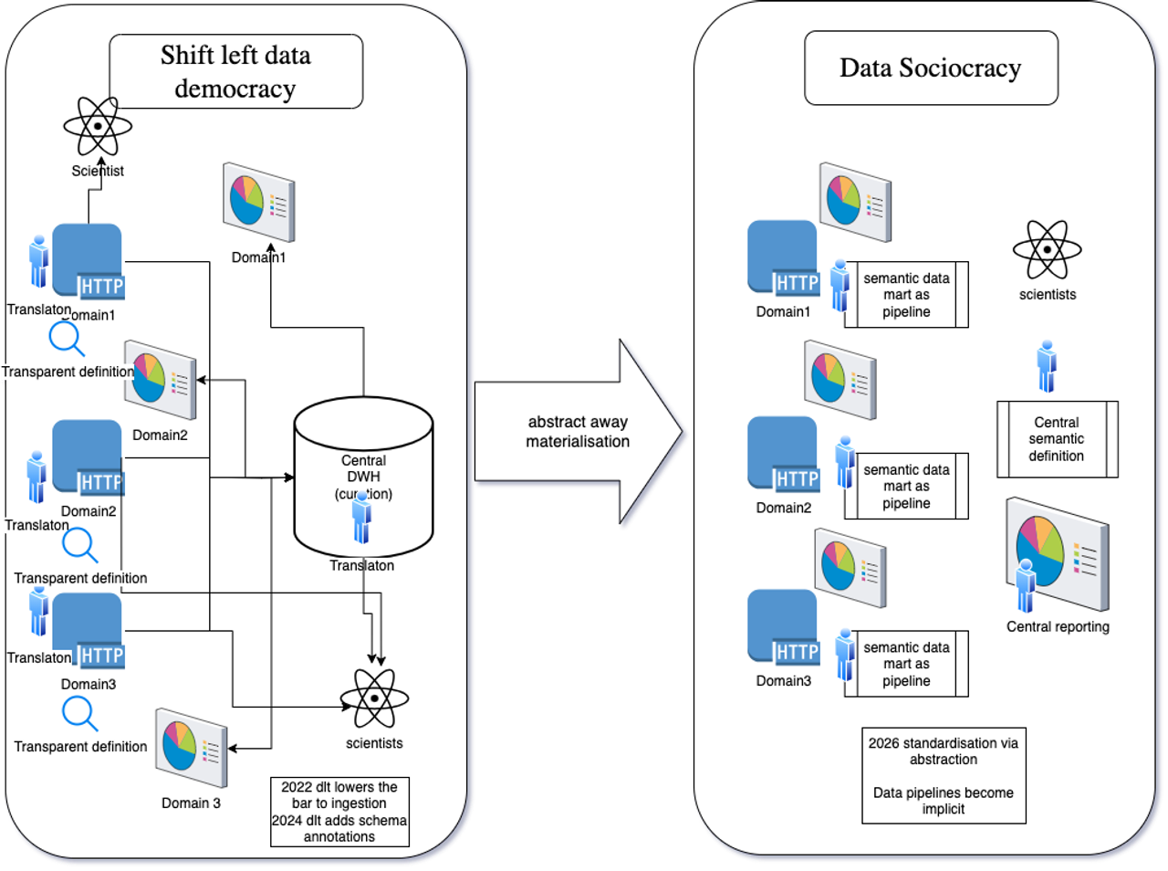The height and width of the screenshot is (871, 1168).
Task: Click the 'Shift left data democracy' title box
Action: pos(235,71)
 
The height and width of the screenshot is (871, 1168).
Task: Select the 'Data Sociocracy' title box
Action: pos(931,68)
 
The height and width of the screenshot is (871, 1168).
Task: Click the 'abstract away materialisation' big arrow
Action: pos(579,433)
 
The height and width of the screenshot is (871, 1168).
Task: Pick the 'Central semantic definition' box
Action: pos(1057,439)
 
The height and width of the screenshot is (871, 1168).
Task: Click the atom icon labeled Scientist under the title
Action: pos(97,126)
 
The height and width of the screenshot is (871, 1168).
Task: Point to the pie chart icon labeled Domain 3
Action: pos(191,747)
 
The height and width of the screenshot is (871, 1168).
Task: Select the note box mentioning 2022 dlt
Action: pos(339,812)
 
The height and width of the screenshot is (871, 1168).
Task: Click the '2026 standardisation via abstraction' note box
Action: pos(944,775)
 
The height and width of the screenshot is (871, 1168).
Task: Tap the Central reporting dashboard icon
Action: pos(1058,552)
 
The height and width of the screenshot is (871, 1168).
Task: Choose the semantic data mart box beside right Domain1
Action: pos(906,295)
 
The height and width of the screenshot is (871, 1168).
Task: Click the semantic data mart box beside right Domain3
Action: pos(906,664)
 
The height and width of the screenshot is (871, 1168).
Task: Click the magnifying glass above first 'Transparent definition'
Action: pos(67,339)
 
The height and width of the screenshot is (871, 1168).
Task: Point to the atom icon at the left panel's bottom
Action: pos(374,698)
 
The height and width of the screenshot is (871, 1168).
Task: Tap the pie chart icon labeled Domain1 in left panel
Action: pos(259,202)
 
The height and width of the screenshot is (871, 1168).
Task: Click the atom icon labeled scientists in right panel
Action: pos(1047,249)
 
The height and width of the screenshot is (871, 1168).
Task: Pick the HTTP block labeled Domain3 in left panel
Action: pos(89,631)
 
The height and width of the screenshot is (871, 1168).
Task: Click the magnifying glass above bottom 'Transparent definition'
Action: pos(79,714)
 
